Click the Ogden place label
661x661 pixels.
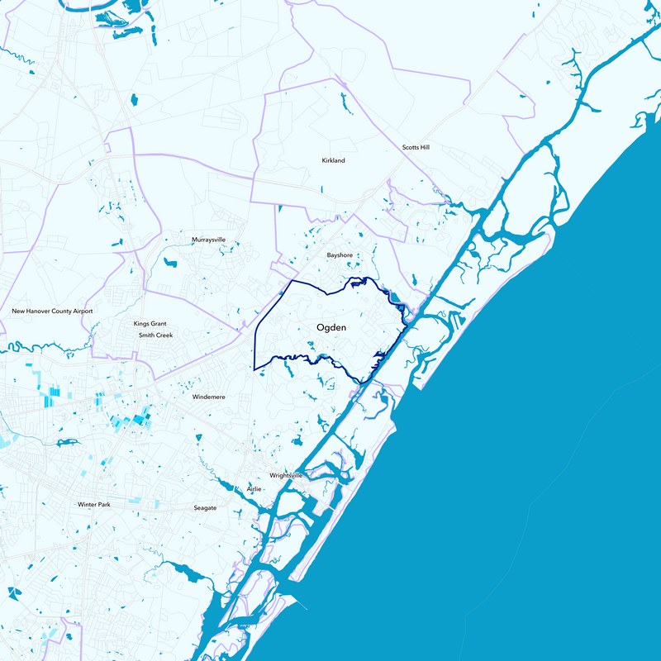click(330, 328)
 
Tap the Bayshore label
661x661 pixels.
click(340, 255)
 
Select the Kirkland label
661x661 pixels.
click(333, 160)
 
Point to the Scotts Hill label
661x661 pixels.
click(416, 147)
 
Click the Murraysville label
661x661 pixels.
click(208, 239)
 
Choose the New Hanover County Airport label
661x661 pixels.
click(52, 311)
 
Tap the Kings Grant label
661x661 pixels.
click(150, 324)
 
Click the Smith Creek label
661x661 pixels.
click(155, 335)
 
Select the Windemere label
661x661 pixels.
click(209, 397)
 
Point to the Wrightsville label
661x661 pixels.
click(287, 476)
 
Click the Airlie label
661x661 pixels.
click(254, 489)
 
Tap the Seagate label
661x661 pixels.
click(205, 507)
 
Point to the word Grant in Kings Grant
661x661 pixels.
click(159, 324)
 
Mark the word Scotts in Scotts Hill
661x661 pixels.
click(411, 147)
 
